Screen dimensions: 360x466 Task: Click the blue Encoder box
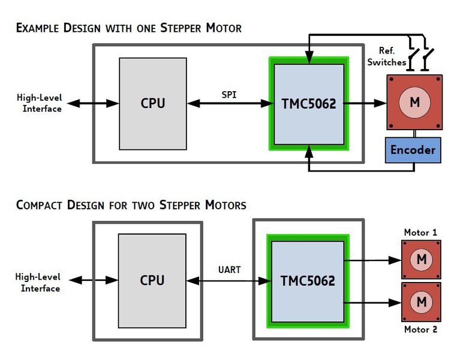coord(413,150)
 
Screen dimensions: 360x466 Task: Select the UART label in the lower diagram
coord(229,270)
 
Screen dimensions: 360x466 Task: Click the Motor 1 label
coord(420,232)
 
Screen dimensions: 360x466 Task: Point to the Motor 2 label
coord(420,329)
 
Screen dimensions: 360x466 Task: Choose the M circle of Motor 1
coord(422,259)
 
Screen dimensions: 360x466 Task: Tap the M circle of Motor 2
coord(422,301)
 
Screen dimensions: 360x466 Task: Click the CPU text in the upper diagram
coord(152,103)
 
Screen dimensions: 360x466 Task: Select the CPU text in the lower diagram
coord(152,280)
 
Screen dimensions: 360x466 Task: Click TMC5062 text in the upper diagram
coord(309,103)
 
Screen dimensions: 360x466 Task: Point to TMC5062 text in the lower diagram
coord(308,280)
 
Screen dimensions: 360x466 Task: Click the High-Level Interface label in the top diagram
coord(42,104)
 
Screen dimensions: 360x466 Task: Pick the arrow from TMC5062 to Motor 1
coord(372,260)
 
